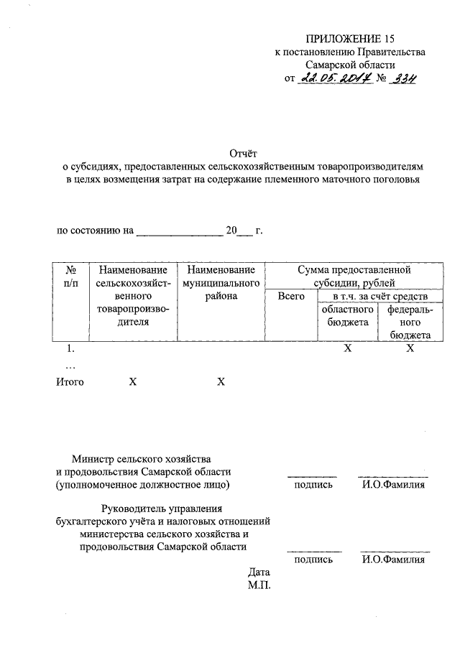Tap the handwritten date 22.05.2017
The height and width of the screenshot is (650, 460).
click(335, 79)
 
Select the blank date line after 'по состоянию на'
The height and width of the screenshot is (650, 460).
click(180, 231)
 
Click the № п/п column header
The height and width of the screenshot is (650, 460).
click(71, 277)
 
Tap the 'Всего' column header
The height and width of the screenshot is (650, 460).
click(291, 296)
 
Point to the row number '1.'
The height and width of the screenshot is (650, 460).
click(70, 349)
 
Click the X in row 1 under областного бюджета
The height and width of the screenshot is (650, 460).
click(347, 349)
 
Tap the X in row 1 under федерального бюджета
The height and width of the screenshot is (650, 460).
click(410, 349)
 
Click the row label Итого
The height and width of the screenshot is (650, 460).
click(70, 382)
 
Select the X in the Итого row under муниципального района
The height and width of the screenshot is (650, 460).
click(221, 382)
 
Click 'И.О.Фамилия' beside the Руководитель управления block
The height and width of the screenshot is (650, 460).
click(393, 560)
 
